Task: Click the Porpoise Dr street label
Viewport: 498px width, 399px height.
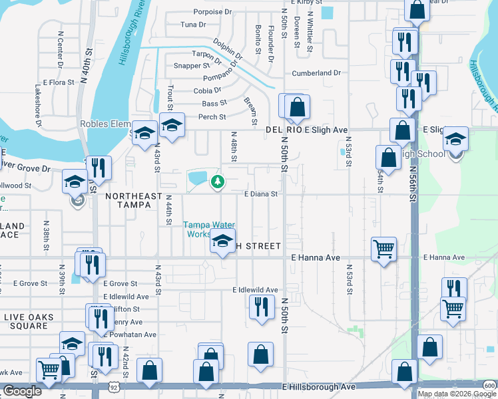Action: tap(212, 12)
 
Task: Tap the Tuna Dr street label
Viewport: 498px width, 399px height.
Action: tap(193, 25)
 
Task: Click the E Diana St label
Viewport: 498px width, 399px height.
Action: tap(260, 194)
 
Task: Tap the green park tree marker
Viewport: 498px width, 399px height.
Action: tap(217, 181)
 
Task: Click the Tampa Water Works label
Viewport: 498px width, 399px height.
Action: tap(206, 229)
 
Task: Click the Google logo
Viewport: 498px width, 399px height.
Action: tap(22, 391)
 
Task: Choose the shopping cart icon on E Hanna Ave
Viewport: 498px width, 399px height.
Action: tap(384, 249)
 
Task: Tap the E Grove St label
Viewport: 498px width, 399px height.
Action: tap(120, 283)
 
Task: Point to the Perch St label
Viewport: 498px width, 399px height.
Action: tap(213, 116)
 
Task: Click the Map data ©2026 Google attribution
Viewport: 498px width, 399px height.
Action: tap(457, 394)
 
